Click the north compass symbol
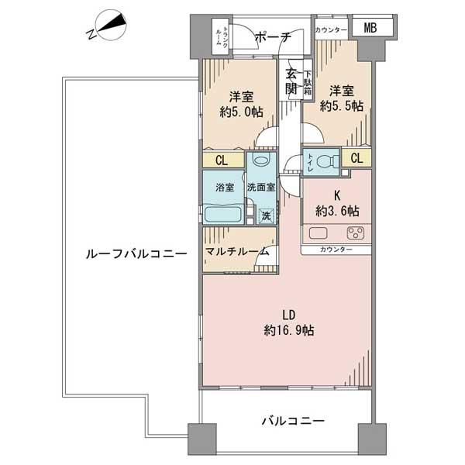coord(108,29)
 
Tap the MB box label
coord(370,29)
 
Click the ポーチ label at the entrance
coord(271,36)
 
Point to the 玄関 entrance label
coord(291,81)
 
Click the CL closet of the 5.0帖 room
coord(221,160)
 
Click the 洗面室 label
coord(261,188)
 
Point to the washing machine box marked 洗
coord(267,216)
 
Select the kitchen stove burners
coord(356,232)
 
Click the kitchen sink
coord(319,232)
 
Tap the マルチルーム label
coord(237,252)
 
